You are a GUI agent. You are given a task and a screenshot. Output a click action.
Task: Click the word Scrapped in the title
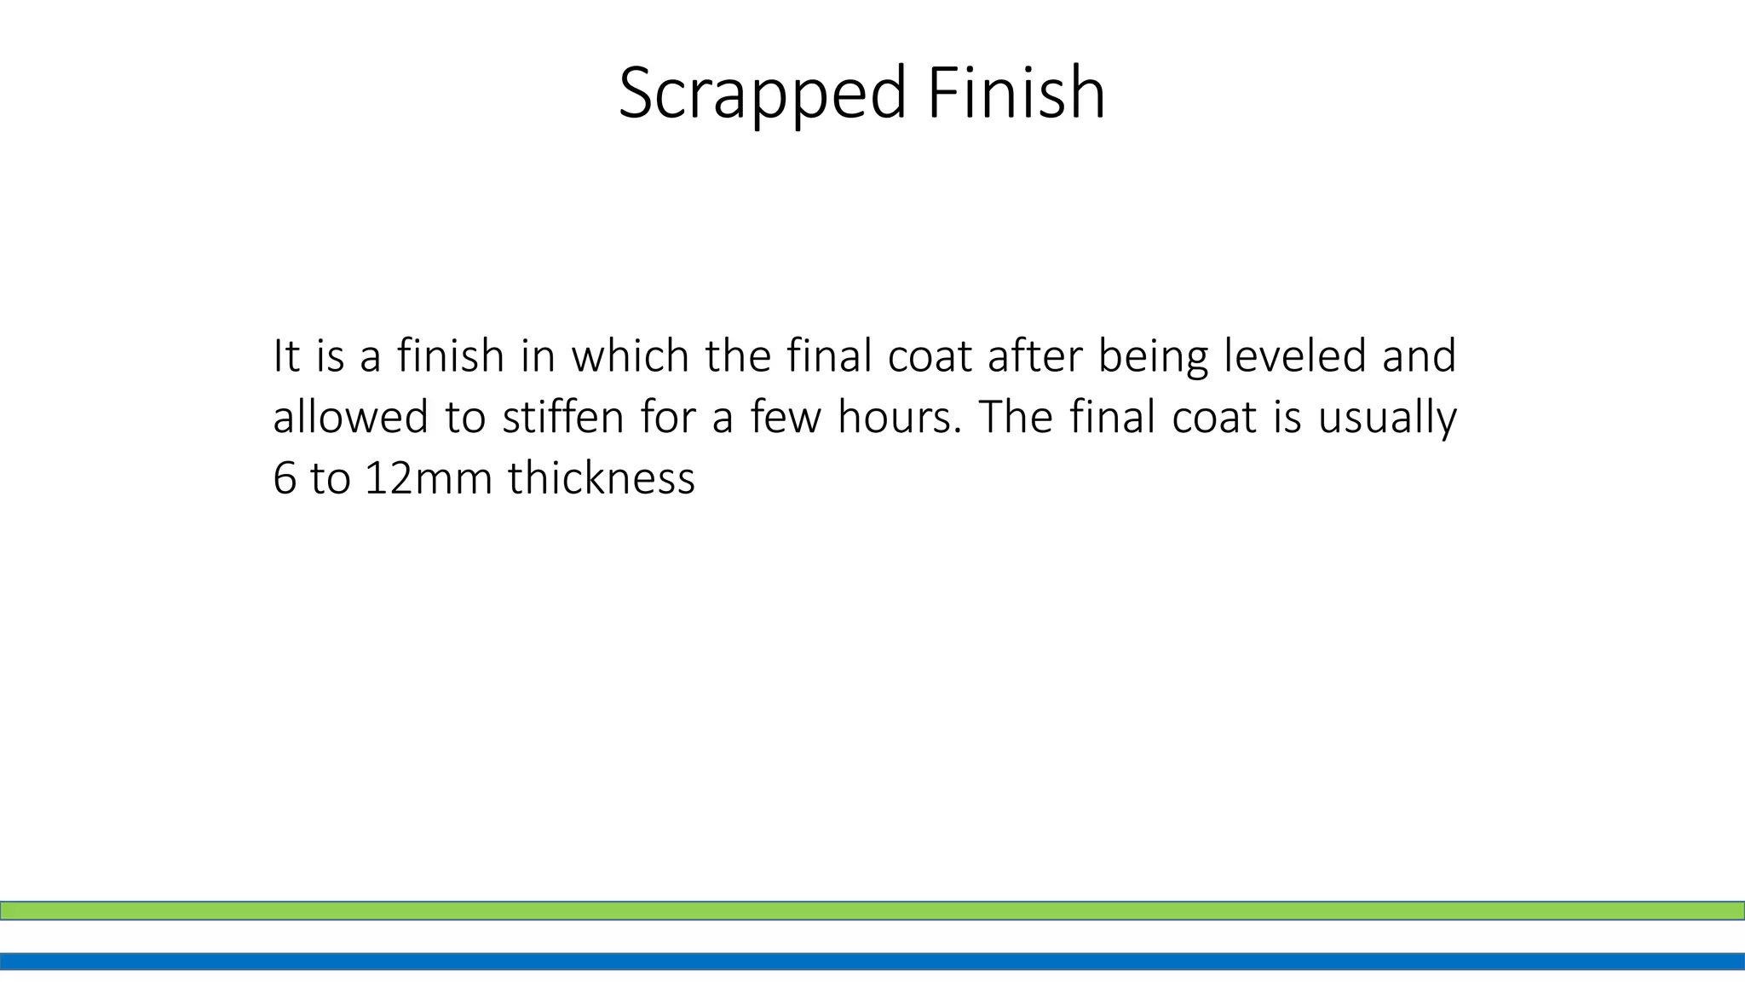(x=762, y=94)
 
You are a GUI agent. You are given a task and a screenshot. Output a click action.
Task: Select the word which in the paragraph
(x=630, y=355)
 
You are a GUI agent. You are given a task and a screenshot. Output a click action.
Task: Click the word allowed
(x=350, y=418)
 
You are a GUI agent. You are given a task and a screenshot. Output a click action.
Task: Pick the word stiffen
(x=563, y=418)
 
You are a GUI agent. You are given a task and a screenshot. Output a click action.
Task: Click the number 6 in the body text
(x=284, y=478)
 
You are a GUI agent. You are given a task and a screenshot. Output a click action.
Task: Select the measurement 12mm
(x=429, y=478)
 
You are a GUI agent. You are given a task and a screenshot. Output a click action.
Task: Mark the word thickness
(x=602, y=478)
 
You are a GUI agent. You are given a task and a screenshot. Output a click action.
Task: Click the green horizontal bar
(x=872, y=910)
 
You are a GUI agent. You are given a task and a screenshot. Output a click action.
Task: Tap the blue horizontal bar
(x=872, y=962)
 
